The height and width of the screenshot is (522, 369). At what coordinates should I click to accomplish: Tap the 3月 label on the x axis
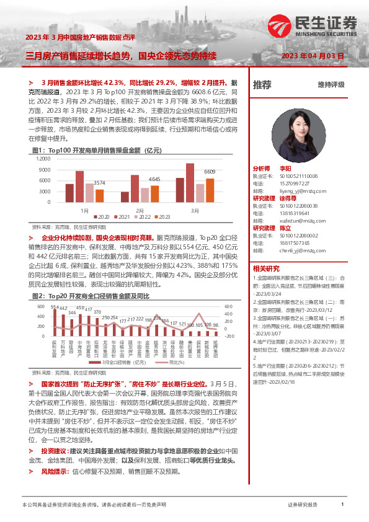195,210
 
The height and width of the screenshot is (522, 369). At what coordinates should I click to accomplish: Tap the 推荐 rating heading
261,84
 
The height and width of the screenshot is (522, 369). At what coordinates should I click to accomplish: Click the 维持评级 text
331,84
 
